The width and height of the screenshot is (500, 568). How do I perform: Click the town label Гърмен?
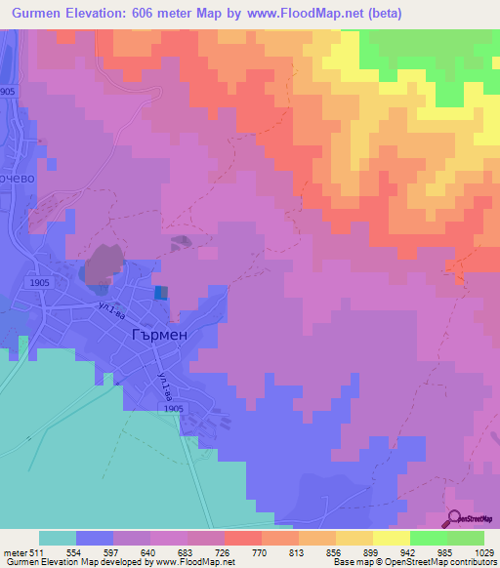pos(159,332)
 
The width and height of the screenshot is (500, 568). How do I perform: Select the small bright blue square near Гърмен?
pos(160,292)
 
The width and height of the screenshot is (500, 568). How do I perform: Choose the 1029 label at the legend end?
pos(482,551)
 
